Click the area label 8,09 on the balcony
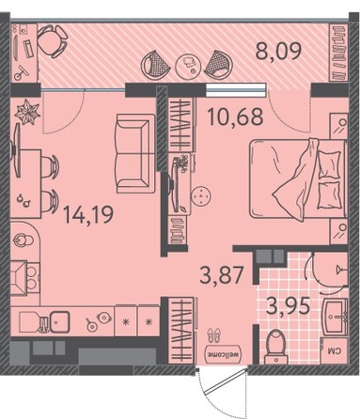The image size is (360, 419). [278, 52]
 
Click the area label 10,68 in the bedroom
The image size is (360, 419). [235, 116]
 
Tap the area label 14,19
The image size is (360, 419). [88, 215]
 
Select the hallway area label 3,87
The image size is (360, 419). [222, 274]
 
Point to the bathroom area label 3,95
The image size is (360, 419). [289, 305]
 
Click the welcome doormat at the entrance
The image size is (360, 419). [223, 354]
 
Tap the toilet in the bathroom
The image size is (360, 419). [275, 347]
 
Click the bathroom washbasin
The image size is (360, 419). [336, 317]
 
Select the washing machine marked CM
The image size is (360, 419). [335, 351]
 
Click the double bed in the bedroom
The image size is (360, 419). [298, 178]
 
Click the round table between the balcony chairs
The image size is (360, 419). [188, 65]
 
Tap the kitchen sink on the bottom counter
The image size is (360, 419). [60, 322]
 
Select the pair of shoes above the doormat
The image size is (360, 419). [213, 335]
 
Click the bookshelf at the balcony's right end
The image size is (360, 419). [339, 53]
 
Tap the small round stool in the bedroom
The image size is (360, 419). [200, 196]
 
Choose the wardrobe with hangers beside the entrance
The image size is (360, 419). [180, 330]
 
